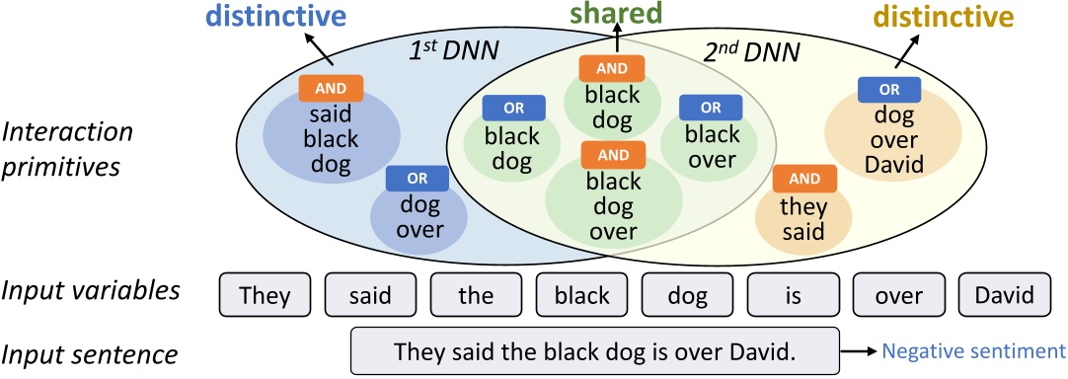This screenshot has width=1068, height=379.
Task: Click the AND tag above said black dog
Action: coord(331,87)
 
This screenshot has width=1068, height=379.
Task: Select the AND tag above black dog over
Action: coord(613,155)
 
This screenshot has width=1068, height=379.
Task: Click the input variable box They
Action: coord(265,294)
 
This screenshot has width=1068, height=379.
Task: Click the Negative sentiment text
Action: coord(972,350)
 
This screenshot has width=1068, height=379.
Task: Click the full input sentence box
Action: coord(594,350)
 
